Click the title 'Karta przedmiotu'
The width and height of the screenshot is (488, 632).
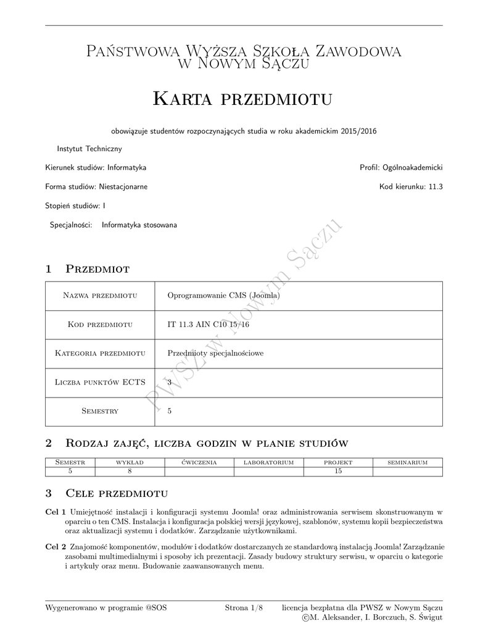click(x=242, y=99)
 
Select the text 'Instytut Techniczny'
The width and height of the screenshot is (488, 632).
click(x=89, y=149)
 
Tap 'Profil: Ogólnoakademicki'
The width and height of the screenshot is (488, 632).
click(x=401, y=167)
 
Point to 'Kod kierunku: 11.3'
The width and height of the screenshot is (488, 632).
click(x=411, y=186)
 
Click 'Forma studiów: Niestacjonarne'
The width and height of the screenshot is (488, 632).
click(x=96, y=186)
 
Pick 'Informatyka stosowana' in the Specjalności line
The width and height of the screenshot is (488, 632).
click(x=140, y=225)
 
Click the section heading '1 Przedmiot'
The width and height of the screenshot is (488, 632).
click(x=87, y=269)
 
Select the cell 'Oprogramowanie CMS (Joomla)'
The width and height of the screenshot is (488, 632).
click(x=224, y=296)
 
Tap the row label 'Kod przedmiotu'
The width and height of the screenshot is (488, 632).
click(x=99, y=325)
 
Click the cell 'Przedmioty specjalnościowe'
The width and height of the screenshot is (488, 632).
click(x=215, y=353)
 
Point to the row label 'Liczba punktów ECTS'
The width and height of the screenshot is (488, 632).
click(x=99, y=382)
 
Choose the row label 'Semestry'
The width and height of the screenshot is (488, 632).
click(x=99, y=411)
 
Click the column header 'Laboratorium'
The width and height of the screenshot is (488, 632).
click(x=268, y=462)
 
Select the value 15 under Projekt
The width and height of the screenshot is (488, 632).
click(x=338, y=472)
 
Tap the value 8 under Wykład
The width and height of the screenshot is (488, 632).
click(x=130, y=472)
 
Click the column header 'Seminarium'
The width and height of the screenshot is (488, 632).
click(x=407, y=462)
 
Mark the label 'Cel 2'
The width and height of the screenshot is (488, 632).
click(x=56, y=547)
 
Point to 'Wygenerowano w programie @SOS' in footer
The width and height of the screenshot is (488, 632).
click(x=106, y=608)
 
